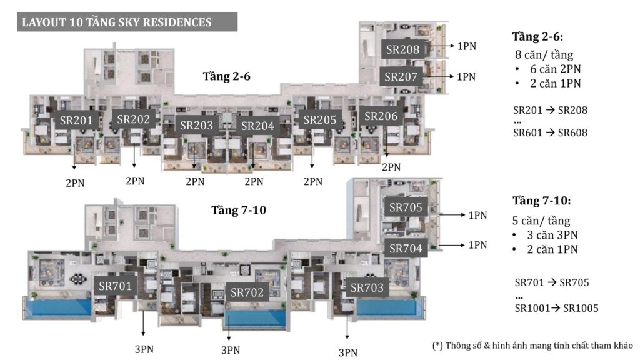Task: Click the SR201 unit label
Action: coord(76,120)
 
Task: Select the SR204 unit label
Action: coord(257,126)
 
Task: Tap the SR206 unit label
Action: coord(381,116)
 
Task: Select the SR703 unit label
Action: coord(367,287)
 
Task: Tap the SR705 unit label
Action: coord(406,207)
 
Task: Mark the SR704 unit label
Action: coord(406,248)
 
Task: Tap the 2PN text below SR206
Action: coord(391,167)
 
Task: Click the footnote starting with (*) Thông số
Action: coord(532,345)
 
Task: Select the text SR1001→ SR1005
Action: coord(556,308)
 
